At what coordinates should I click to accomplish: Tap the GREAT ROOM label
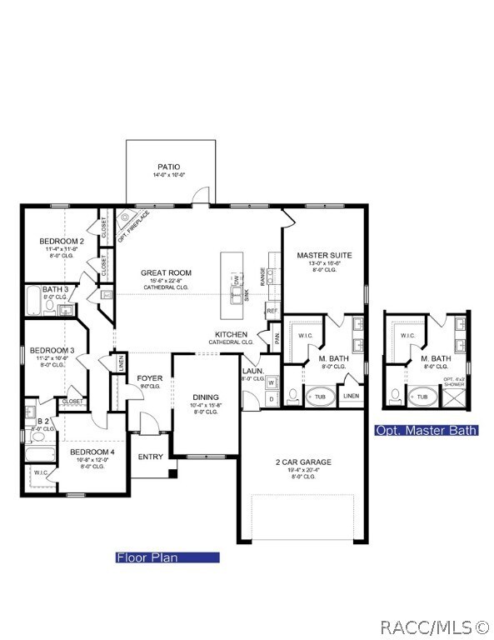167,272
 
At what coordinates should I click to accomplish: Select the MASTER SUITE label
324,255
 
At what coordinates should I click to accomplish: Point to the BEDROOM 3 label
52,350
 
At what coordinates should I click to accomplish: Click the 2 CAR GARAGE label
302,462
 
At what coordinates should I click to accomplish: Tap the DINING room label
205,397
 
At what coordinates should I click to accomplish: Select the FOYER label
150,378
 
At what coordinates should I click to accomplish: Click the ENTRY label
151,456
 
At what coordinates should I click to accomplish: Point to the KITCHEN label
231,334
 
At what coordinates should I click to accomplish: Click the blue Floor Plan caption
167,557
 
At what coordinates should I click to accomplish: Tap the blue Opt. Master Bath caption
427,431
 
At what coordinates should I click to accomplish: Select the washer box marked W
272,383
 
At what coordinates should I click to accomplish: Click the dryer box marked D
272,399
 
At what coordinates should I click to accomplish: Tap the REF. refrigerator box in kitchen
272,311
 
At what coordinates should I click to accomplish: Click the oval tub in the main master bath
321,396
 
